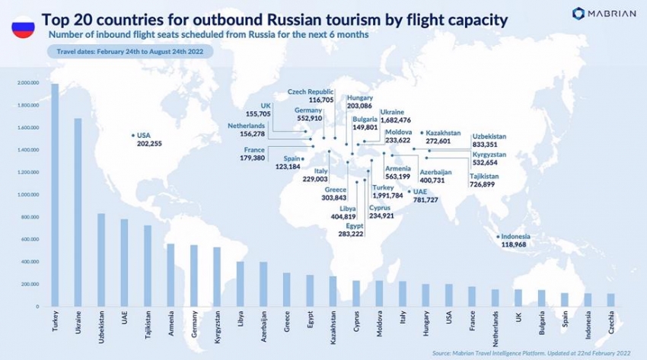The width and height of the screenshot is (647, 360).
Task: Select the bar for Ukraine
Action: click(x=78, y=212)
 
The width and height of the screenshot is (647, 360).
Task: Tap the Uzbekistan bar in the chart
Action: click(x=101, y=260)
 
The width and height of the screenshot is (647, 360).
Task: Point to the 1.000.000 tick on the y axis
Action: click(x=28, y=195)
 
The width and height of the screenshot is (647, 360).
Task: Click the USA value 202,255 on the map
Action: click(x=144, y=142)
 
